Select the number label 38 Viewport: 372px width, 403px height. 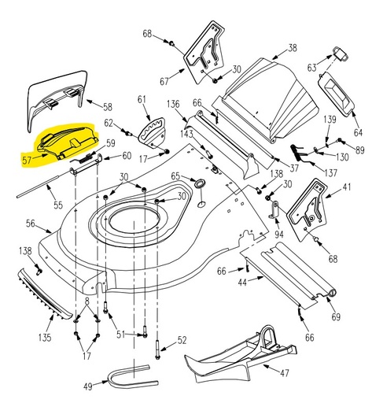[293, 48]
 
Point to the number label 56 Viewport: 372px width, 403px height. [30, 224]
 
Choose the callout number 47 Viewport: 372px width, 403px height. [284, 374]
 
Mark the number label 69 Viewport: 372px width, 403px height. [336, 316]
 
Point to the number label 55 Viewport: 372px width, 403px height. [57, 205]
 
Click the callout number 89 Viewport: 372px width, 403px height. [359, 150]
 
